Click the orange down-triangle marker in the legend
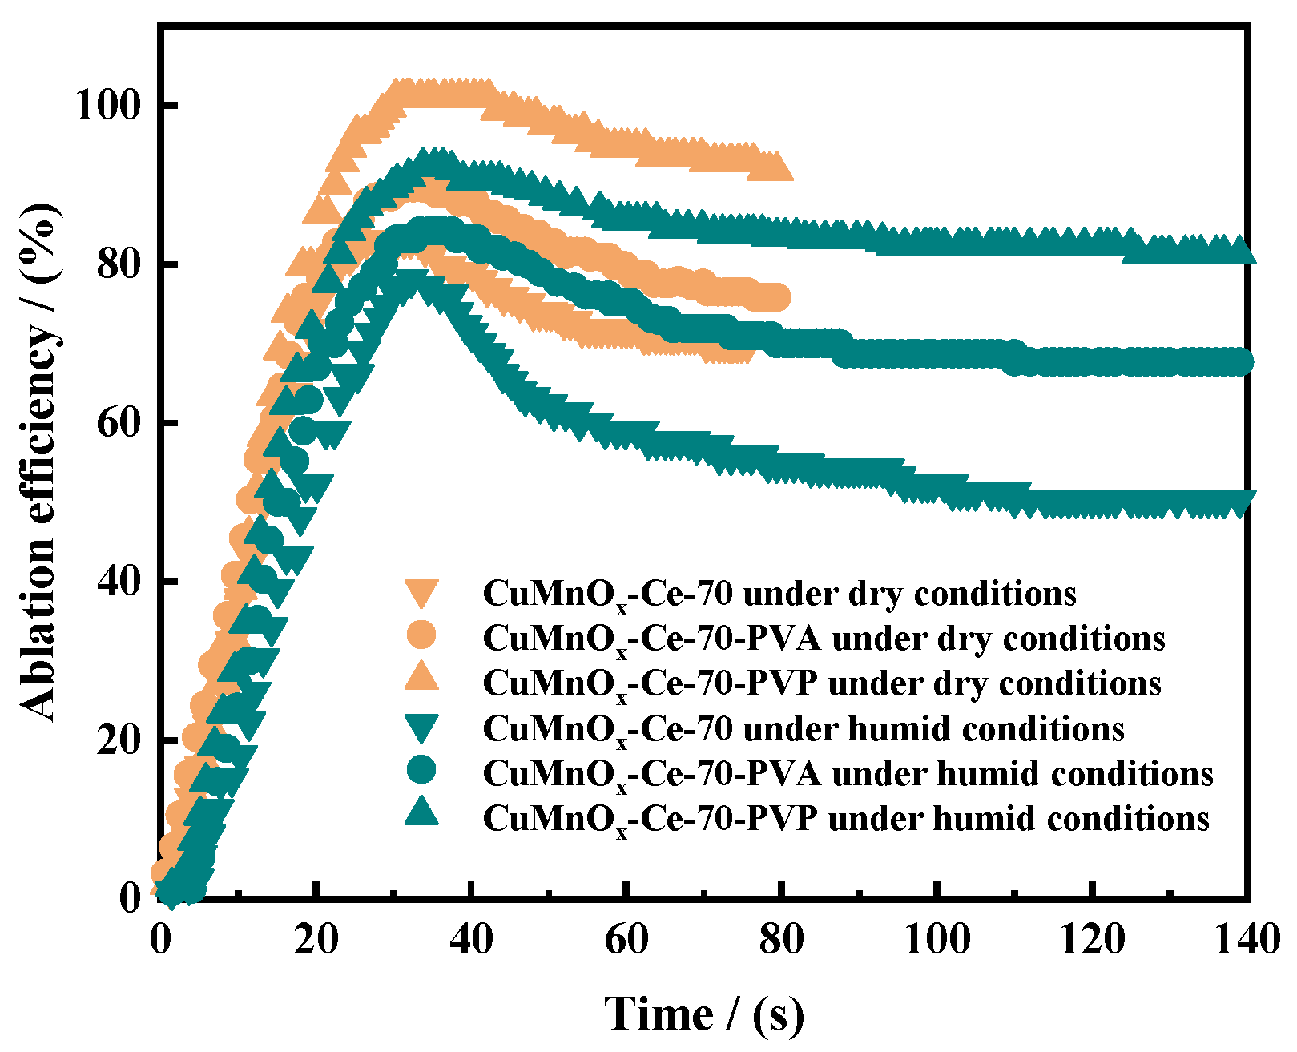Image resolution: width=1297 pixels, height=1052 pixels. tap(421, 592)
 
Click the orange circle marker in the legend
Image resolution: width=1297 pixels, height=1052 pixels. tap(421, 635)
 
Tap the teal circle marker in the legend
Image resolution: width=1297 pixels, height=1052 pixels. tap(421, 770)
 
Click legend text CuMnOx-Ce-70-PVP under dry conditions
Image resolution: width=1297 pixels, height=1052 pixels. tap(822, 683)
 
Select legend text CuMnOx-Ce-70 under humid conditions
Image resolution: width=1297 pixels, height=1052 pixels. tap(804, 728)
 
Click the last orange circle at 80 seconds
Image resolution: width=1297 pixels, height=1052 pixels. tap(777, 298)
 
